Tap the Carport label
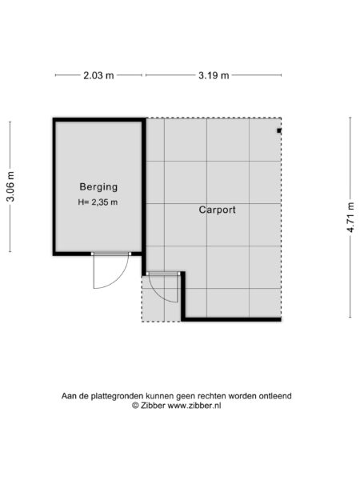click(x=218, y=210)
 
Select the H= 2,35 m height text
click(x=98, y=202)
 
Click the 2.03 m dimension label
click(x=98, y=76)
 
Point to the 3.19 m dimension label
click(x=213, y=76)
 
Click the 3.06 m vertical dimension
click(x=10, y=187)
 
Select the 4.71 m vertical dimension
click(x=350, y=218)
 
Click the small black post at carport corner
click(x=279, y=130)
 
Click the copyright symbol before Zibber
click(x=136, y=406)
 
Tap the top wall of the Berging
click(x=98, y=120)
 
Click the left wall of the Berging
click(x=54, y=186)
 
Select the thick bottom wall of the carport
click(x=232, y=319)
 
